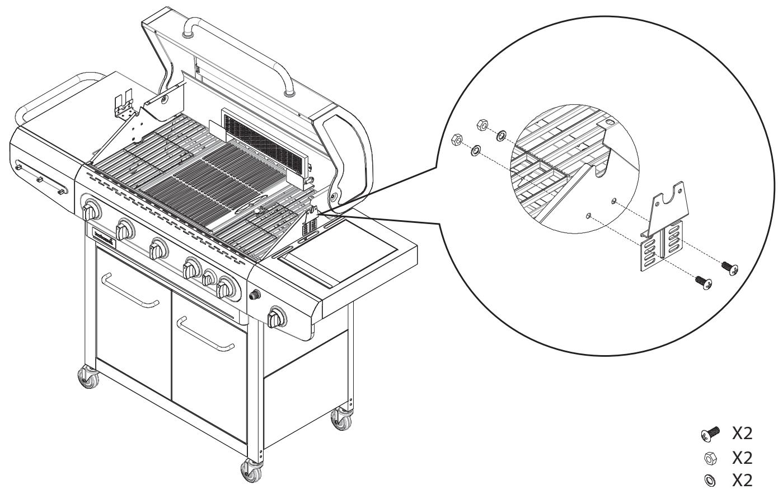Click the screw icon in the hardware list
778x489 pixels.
click(710, 434)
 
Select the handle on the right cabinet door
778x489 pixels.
click(205, 335)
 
